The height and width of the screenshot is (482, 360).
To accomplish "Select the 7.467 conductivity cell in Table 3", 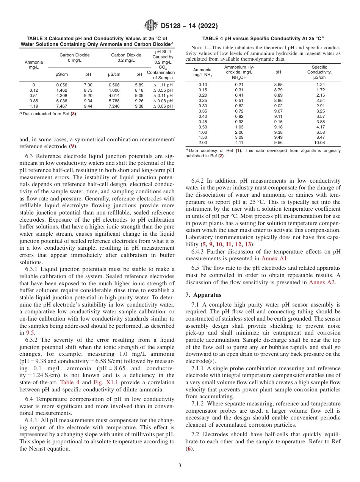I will point(62,106).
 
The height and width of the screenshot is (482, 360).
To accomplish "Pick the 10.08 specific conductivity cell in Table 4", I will point(319,143).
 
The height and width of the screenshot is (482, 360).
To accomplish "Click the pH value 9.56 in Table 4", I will point(278,143).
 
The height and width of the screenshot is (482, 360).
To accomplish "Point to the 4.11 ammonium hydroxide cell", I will point(239,143).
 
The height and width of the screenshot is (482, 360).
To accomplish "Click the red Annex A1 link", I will point(274,258).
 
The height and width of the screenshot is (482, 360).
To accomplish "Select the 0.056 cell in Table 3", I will point(62,85).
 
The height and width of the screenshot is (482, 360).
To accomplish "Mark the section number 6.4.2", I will point(200,181).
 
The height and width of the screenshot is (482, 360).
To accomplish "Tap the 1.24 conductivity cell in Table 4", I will point(319,85).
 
